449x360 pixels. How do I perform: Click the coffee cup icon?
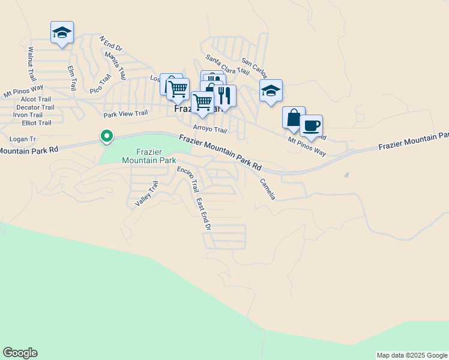click(311, 127)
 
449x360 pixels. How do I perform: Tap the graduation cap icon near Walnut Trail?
click(62, 32)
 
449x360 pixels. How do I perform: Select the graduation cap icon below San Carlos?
click(271, 91)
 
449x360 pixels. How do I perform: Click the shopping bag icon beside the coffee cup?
click(294, 118)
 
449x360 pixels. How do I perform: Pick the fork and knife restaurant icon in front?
click(224, 96)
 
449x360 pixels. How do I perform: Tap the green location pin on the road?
click(107, 137)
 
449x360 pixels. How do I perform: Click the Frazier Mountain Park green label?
click(148, 157)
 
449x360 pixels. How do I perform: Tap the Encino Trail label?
click(187, 179)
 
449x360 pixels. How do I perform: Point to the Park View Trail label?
click(125, 113)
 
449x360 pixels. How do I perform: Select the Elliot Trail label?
click(37, 123)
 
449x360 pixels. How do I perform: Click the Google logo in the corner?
click(20, 353)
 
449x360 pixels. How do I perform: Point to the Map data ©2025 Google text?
click(411, 355)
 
